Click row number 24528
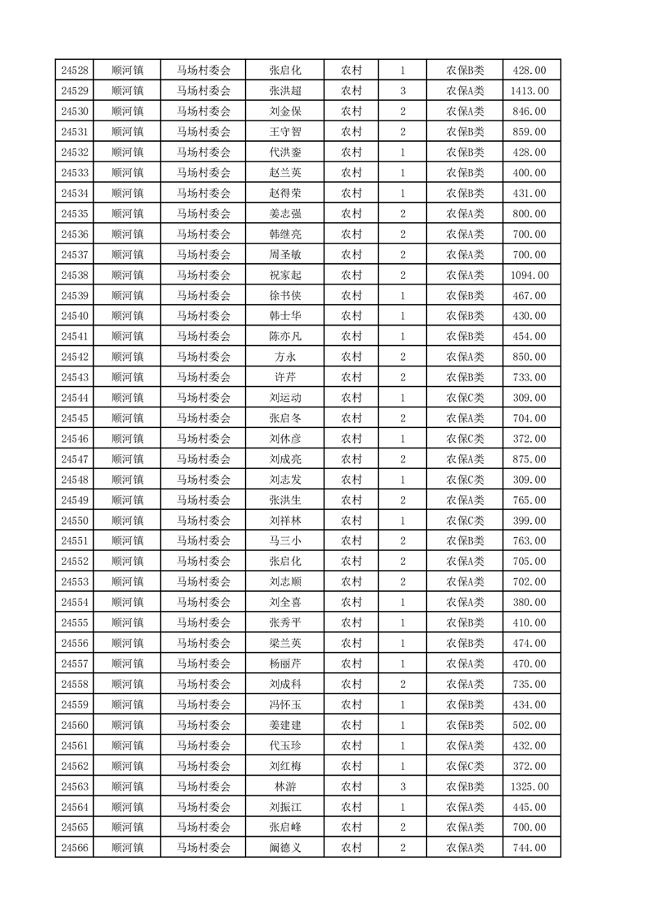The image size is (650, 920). click(x=75, y=71)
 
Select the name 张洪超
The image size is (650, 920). click(x=285, y=91)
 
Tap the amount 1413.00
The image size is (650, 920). click(x=529, y=91)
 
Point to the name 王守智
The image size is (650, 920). click(x=285, y=132)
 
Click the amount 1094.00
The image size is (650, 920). click(x=529, y=275)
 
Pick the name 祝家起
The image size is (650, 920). click(x=285, y=275)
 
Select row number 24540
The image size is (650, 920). click(x=75, y=316)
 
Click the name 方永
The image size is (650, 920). click(x=285, y=357)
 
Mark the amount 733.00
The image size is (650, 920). click(x=529, y=377)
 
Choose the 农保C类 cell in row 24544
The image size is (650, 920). click(x=465, y=398)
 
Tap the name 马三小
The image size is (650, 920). click(x=285, y=540)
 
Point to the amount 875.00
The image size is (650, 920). click(x=529, y=459)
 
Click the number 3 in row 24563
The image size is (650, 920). click(x=402, y=786)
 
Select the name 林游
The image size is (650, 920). click(x=285, y=786)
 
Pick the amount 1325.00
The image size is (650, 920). click(x=529, y=786)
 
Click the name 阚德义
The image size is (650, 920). click(x=285, y=848)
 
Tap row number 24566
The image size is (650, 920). click(x=75, y=848)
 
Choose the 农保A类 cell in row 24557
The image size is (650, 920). click(x=465, y=663)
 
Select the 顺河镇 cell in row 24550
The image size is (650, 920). click(x=127, y=521)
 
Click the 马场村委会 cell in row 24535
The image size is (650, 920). click(x=204, y=214)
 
